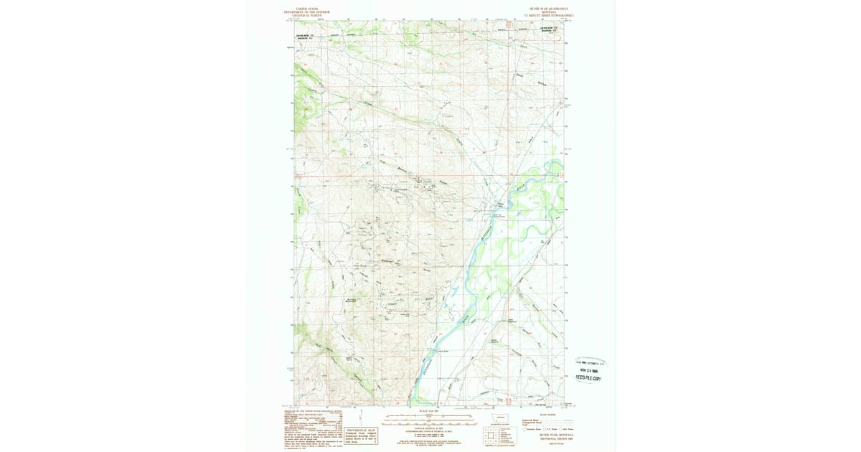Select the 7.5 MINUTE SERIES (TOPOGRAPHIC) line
tap(550, 16)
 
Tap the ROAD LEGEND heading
tap(547, 415)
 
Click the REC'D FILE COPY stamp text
tap(588, 378)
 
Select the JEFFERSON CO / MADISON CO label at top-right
tap(549, 29)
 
